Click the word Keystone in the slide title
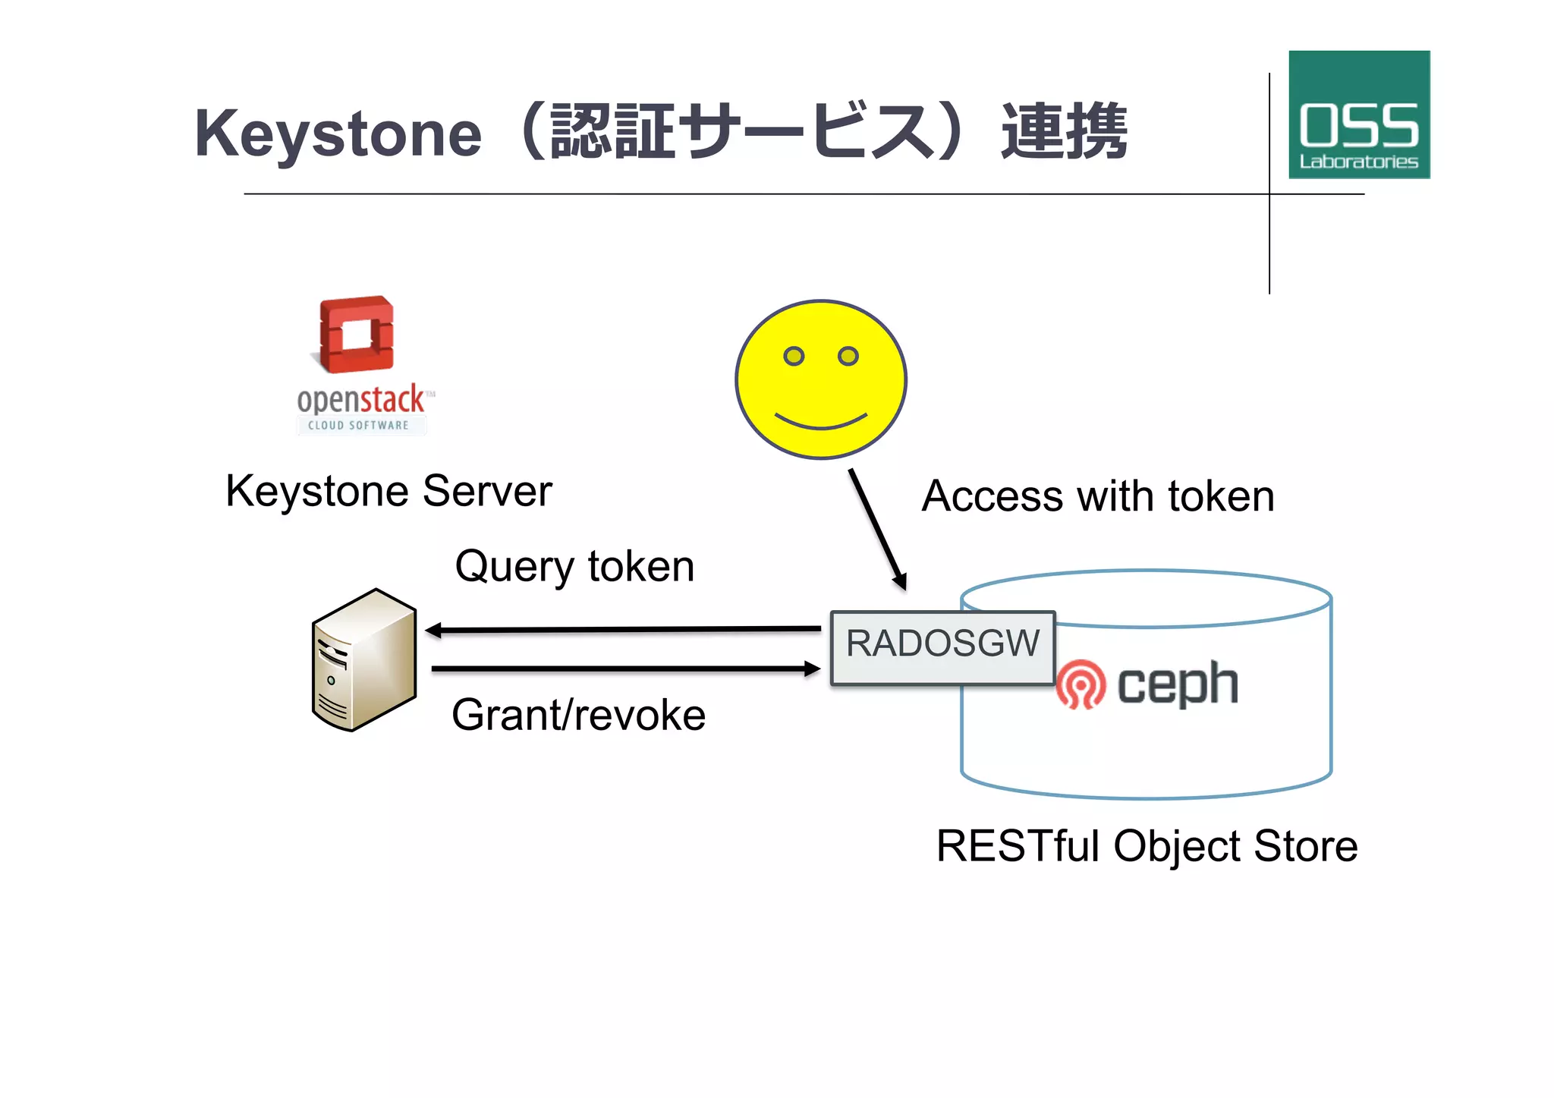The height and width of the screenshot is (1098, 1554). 338,134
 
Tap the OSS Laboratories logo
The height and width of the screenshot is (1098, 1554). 1358,115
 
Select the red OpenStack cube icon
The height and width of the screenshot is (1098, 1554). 357,335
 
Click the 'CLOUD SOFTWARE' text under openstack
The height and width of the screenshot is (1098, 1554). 358,426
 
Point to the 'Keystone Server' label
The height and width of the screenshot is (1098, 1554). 388,491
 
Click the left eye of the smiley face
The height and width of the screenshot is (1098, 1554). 794,356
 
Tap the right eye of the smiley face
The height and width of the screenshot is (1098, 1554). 848,356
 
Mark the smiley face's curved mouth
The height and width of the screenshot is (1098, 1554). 821,422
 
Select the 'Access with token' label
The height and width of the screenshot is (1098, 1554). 1097,496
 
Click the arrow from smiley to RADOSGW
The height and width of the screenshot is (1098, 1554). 877,529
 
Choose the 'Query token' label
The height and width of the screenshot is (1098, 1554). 574,566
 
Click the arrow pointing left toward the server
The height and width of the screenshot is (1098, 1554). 622,630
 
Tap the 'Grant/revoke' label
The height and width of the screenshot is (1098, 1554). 578,715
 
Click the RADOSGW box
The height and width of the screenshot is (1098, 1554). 942,647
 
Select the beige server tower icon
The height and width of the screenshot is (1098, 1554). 364,660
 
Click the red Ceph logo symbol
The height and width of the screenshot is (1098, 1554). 1081,684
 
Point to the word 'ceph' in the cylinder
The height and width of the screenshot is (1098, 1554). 1177,684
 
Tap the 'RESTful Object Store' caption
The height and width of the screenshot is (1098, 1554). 1147,846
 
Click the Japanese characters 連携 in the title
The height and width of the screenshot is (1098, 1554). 1065,133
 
